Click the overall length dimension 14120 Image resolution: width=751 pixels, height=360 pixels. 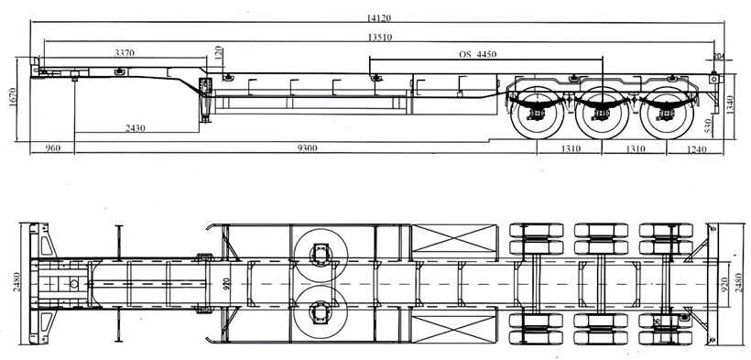coord(379,18)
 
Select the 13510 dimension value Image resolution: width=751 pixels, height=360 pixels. coord(380,38)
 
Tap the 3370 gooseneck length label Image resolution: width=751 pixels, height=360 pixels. coord(125,53)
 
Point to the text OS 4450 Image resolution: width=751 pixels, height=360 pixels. coord(477,54)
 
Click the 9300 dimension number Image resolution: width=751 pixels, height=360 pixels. coord(307,148)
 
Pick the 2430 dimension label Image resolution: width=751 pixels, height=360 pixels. coord(136,128)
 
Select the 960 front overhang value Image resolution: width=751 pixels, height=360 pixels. coord(53,148)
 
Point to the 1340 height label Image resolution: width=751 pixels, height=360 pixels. coord(730,105)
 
